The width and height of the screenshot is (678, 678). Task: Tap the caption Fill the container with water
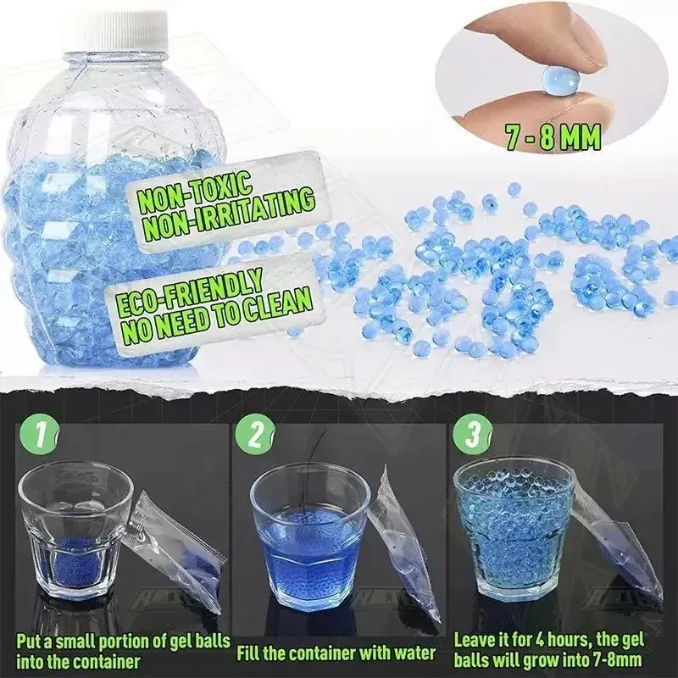coord(336,652)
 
